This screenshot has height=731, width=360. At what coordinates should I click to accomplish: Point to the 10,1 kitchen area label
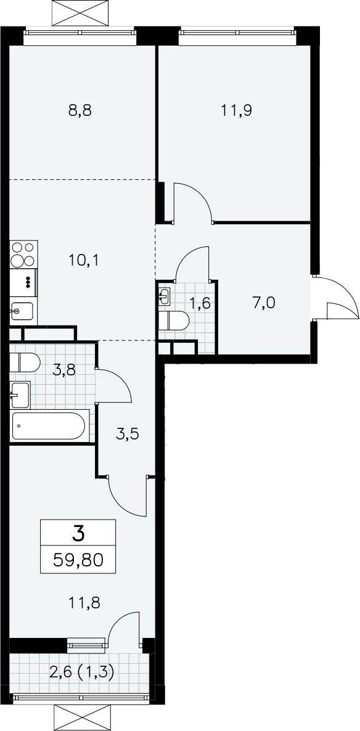pyautogui.click(x=83, y=260)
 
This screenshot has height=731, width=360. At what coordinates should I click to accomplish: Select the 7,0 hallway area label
pyautogui.click(x=264, y=303)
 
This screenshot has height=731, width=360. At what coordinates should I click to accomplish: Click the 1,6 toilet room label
pyautogui.click(x=200, y=303)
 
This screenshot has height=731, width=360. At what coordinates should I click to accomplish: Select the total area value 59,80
pyautogui.click(x=78, y=559)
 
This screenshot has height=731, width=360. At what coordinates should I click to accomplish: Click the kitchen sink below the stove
pyautogui.click(x=22, y=311)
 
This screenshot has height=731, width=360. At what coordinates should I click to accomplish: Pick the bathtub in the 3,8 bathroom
pyautogui.click(x=49, y=426)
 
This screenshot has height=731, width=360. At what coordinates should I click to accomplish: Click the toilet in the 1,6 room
pyautogui.click(x=173, y=321)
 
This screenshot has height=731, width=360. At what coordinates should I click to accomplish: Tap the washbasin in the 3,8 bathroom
pyautogui.click(x=20, y=395)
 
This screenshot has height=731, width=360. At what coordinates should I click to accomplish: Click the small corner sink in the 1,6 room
pyautogui.click(x=165, y=296)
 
